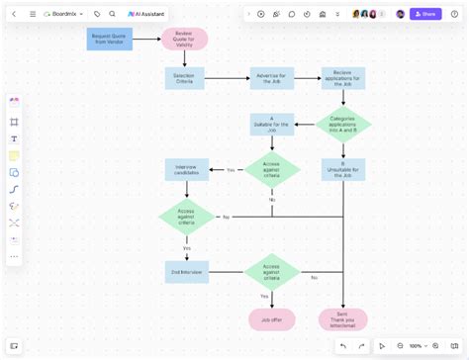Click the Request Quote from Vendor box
109,40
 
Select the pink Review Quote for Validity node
184,39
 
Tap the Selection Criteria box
184,78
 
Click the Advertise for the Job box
271,78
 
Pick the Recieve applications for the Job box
342,78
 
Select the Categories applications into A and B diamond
342,124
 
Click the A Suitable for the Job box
271,124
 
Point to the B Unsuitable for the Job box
342,169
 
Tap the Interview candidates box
187,169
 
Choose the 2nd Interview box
187,272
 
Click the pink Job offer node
271,319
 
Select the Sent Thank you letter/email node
342,319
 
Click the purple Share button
425,14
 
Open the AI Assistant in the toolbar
146,14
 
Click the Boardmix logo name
65,14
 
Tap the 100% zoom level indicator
416,346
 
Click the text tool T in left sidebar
14,138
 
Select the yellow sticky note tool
14,156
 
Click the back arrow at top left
14,14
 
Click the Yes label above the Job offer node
264,296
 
